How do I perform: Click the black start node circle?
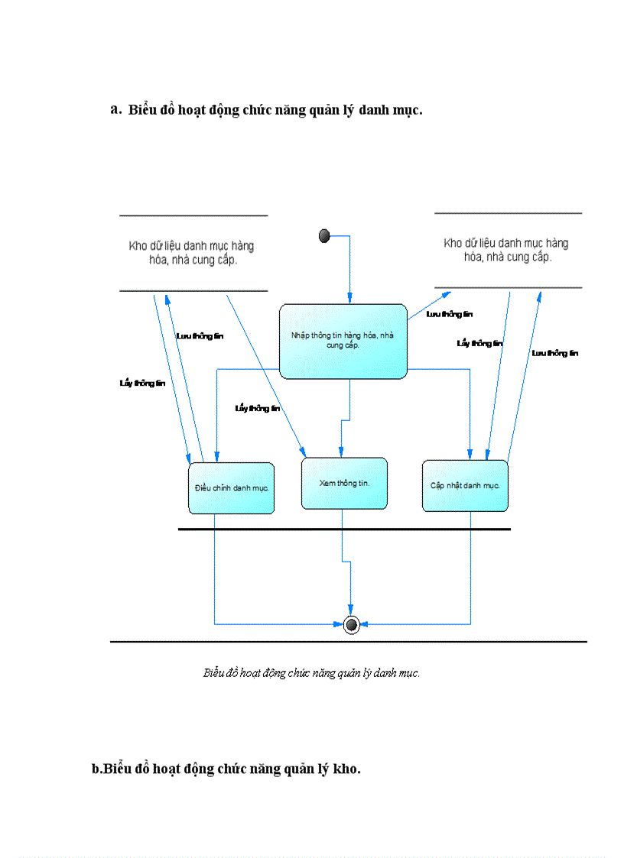(324, 236)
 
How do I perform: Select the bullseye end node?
(351, 624)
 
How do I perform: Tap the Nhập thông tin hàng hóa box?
(343, 341)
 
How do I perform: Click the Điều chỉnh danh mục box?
(231, 488)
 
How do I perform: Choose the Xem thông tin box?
(344, 484)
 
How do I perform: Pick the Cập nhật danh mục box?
(465, 486)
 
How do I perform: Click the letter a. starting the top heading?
(116, 109)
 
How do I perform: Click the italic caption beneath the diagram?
(311, 673)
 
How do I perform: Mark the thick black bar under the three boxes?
(344, 529)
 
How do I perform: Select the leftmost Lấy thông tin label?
(141, 384)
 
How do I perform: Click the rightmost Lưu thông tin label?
(555, 353)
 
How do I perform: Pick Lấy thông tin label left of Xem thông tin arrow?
(258, 409)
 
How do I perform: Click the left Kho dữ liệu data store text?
(191, 253)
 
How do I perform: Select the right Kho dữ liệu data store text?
(506, 250)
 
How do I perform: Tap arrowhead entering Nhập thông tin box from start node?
(350, 299)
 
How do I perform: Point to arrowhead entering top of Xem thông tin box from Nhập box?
(340, 452)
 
